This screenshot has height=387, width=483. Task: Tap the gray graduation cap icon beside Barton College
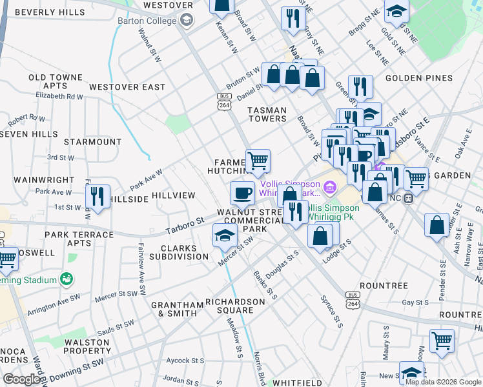(x=187, y=21)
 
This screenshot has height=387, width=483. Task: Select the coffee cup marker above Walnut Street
(x=243, y=193)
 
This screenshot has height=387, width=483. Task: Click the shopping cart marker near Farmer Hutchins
(x=258, y=160)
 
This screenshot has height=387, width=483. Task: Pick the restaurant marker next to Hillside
(x=98, y=196)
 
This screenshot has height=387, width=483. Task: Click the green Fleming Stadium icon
(x=65, y=279)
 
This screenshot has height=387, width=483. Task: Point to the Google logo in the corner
(x=21, y=379)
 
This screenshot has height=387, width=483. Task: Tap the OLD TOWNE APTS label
(x=56, y=81)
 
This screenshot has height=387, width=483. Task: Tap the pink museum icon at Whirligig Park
(x=330, y=188)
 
